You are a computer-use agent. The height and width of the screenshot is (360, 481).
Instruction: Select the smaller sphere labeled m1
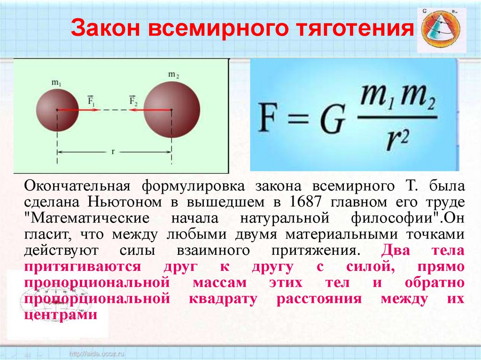click(57, 110)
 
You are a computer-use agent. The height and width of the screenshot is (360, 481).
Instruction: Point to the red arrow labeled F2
click(143, 110)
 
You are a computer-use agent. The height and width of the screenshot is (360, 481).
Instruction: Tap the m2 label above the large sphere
click(173, 74)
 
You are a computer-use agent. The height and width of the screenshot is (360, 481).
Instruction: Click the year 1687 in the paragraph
click(308, 202)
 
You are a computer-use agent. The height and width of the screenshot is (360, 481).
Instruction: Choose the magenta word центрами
click(61, 315)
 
